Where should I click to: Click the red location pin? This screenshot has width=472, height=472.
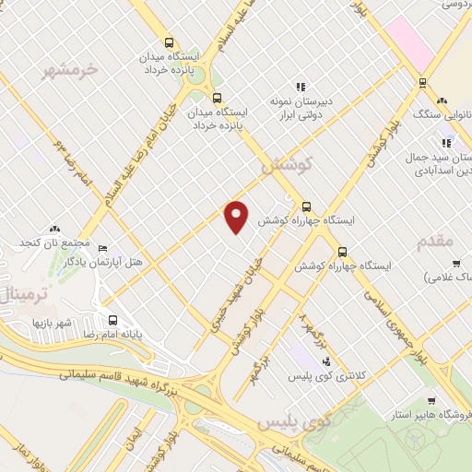click(237, 217)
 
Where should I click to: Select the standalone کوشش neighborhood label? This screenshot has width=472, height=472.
click(288, 165)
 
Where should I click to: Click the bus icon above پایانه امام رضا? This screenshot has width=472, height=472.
click(112, 320)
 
